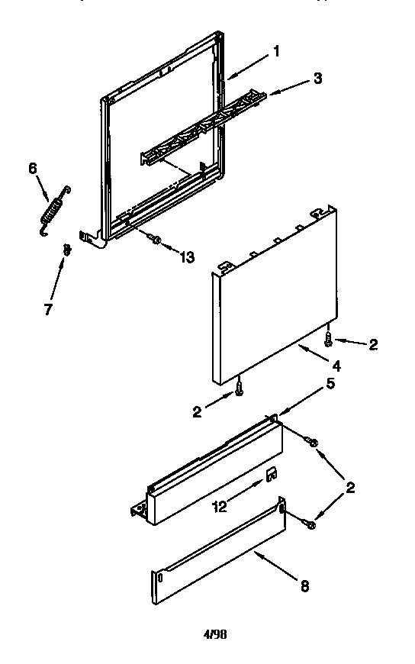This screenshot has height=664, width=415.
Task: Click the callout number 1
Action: [275, 53]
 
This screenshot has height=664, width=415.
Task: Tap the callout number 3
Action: [317, 78]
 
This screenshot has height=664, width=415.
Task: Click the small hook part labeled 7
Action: [67, 248]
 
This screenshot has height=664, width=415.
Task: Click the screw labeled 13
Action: [156, 240]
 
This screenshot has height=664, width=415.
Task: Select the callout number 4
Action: [336, 366]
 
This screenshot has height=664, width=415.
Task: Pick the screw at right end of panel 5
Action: [312, 441]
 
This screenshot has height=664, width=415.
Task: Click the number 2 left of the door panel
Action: [198, 411]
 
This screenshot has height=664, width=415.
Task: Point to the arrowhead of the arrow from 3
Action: [267, 95]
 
